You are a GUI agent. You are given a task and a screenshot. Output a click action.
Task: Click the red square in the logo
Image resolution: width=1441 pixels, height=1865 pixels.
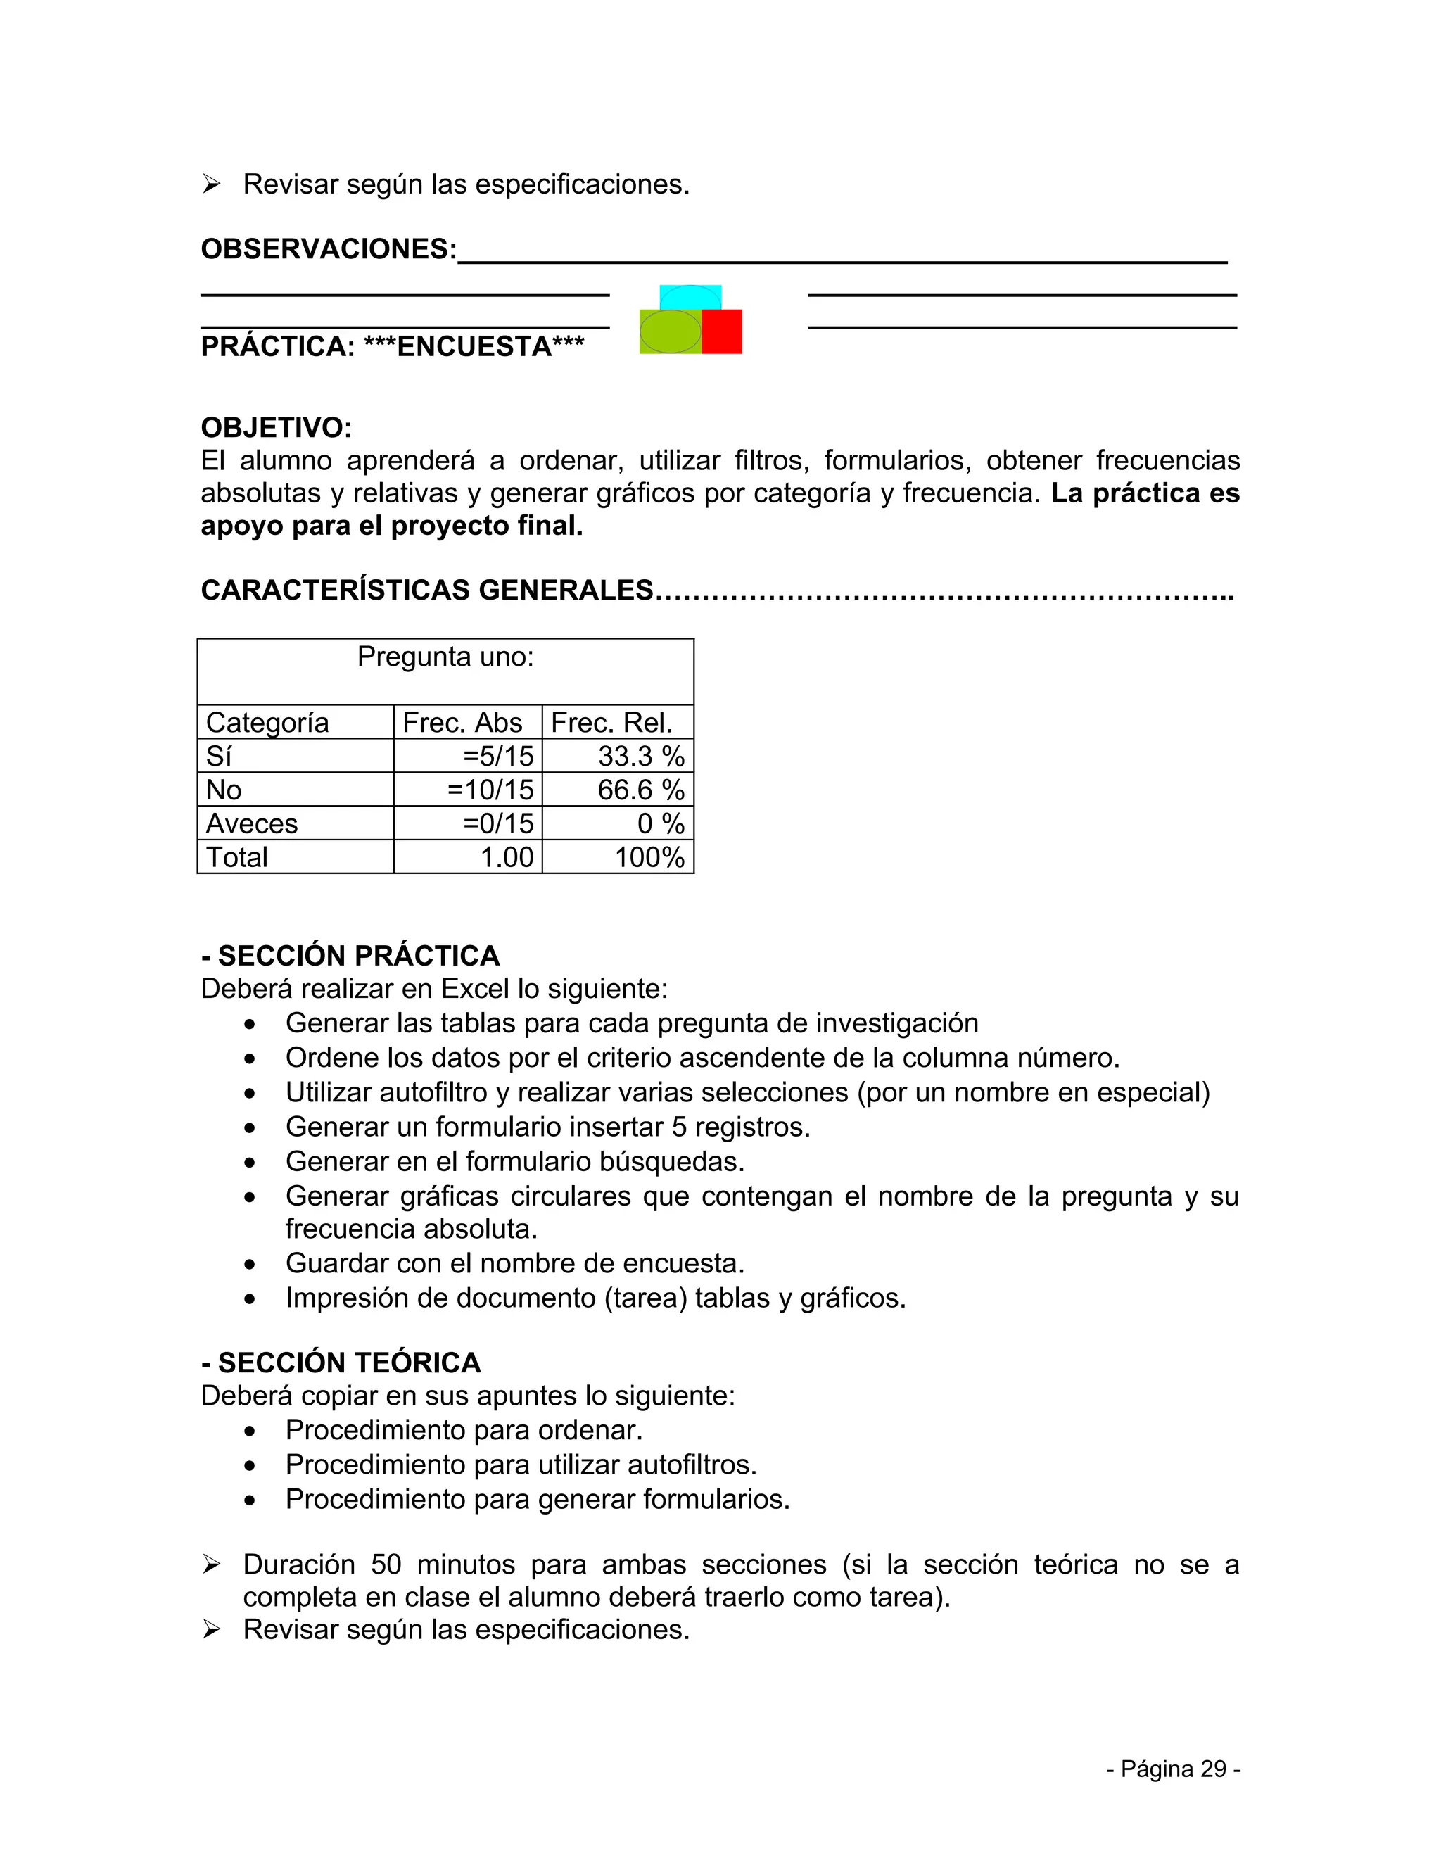click(x=722, y=331)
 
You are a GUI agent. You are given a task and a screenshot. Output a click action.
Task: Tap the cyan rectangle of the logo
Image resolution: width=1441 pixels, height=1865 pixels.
click(x=691, y=296)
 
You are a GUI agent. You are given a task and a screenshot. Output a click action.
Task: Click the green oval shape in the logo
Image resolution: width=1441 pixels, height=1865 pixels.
click(x=669, y=331)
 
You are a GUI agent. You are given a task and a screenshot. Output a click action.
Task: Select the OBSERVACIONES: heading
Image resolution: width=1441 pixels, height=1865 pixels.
click(x=329, y=248)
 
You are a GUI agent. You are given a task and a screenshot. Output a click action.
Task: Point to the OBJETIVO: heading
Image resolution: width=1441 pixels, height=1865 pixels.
click(x=276, y=427)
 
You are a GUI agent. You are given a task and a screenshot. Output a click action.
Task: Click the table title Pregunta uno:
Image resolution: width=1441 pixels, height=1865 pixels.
click(x=445, y=657)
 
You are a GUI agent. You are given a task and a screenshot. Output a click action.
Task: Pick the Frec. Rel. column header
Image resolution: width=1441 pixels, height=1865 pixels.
click(x=611, y=723)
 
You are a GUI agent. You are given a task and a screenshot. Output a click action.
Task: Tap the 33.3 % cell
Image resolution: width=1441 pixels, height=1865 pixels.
click(x=640, y=757)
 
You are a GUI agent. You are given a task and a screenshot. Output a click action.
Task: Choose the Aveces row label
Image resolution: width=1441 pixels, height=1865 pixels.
click(x=252, y=824)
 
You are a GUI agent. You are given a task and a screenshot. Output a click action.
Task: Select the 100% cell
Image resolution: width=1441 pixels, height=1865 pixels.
click(x=649, y=857)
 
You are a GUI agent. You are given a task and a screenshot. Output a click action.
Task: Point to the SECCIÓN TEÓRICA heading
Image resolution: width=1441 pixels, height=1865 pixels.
click(x=349, y=1362)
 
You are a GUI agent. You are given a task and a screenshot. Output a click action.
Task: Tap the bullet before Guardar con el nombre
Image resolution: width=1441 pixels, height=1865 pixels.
click(x=249, y=1264)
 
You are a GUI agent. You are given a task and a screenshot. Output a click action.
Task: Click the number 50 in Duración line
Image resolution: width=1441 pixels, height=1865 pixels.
click(x=386, y=1564)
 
